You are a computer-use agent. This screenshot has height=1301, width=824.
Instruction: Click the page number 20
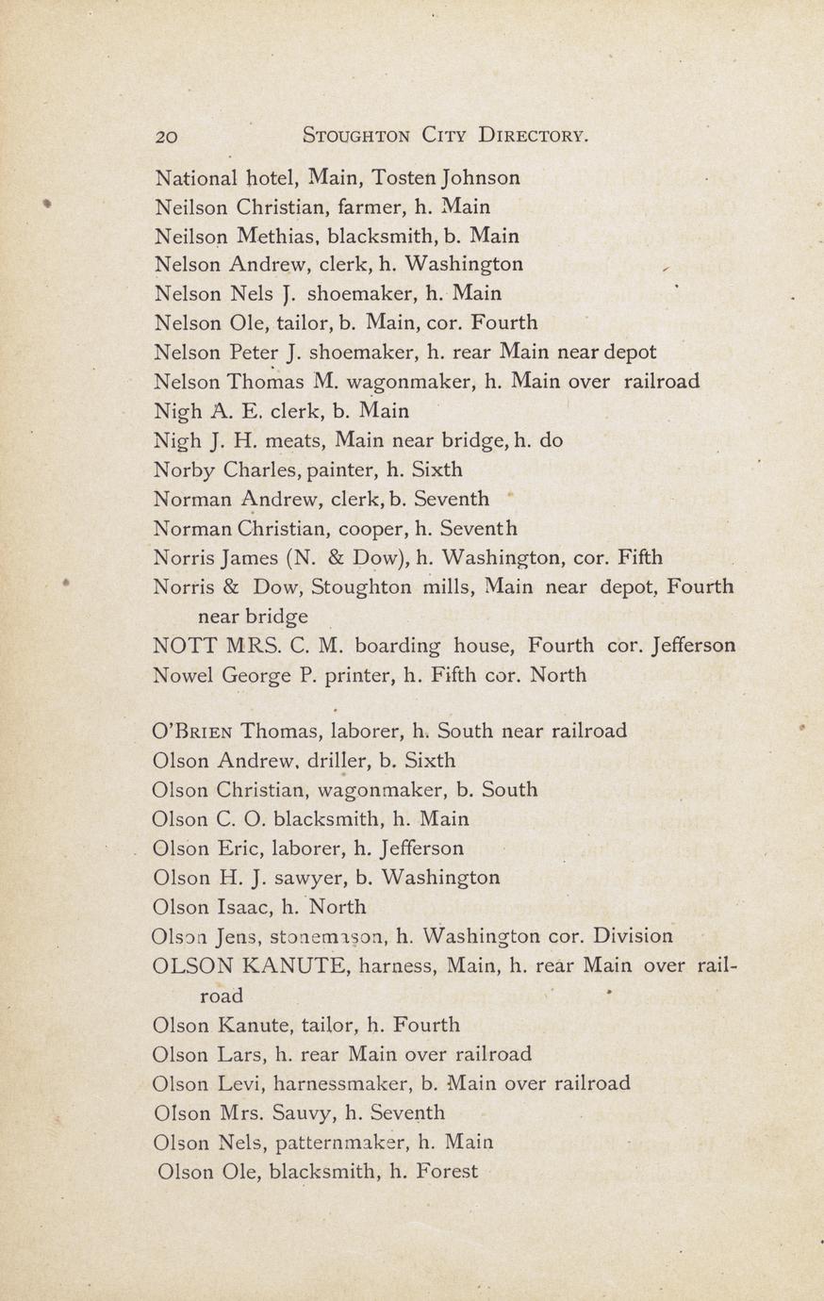pyautogui.click(x=166, y=136)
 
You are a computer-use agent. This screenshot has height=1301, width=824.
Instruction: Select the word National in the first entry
pyautogui.click(x=195, y=177)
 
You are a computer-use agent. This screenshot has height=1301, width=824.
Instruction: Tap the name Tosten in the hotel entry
pyautogui.click(x=404, y=177)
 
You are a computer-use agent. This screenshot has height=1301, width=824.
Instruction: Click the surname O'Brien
pyautogui.click(x=192, y=732)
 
